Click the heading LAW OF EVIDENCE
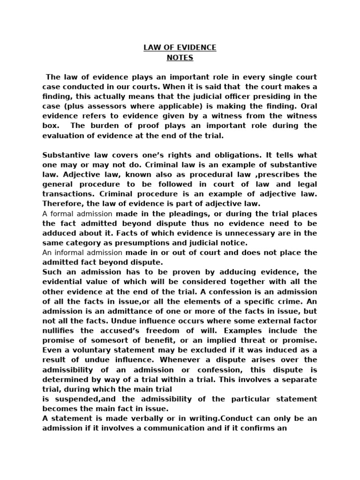point(180,47)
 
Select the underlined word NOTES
point(180,58)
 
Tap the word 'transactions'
point(66,194)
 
